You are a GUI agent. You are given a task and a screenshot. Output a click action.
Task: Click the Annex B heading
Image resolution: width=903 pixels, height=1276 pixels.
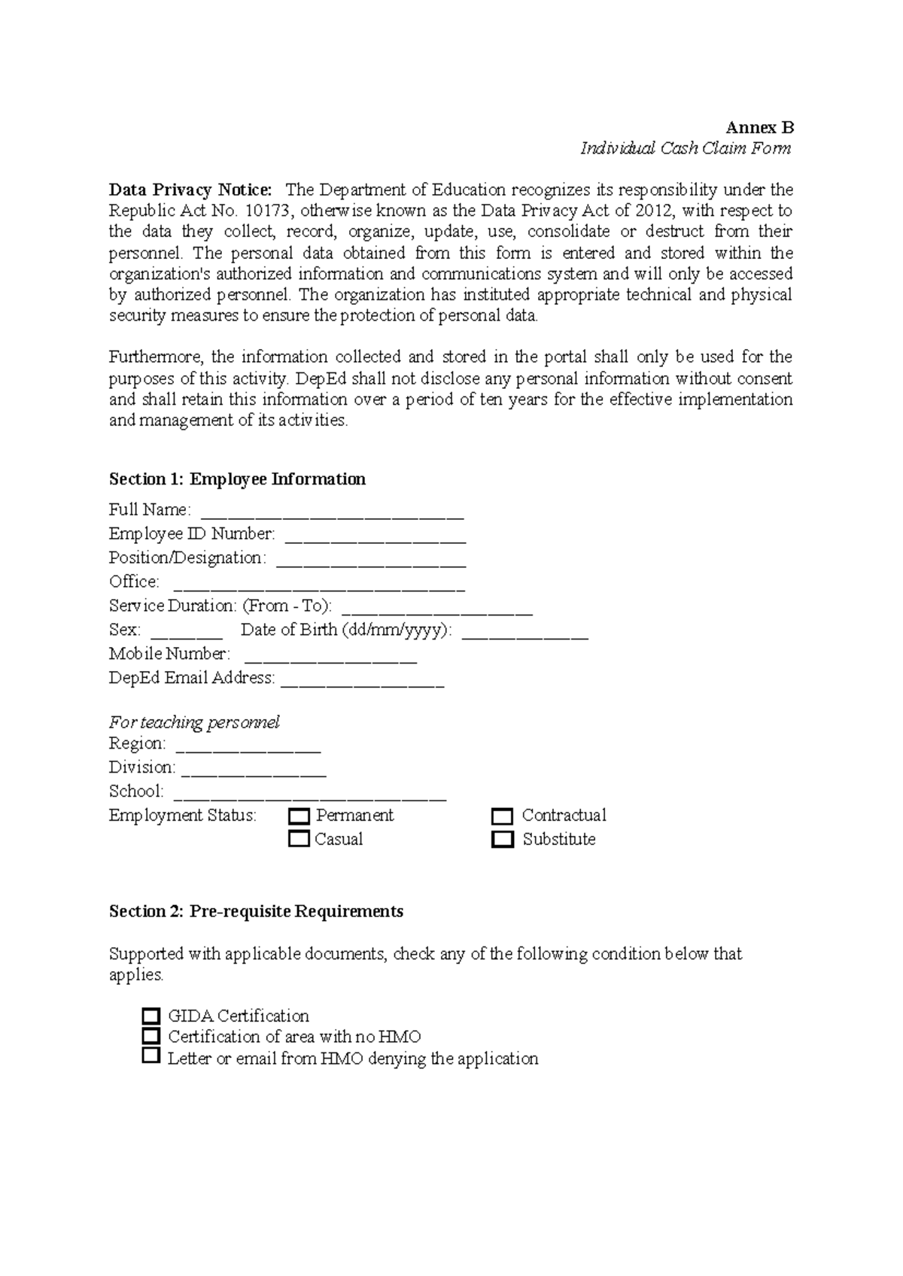click(x=759, y=127)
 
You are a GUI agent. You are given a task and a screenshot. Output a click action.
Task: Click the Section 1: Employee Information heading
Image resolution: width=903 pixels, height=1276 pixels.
click(x=237, y=479)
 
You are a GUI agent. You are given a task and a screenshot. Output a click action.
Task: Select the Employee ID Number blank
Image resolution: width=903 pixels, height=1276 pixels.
click(x=375, y=539)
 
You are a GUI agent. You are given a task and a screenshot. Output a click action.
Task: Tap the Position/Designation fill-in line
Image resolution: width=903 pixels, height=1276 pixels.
click(x=371, y=563)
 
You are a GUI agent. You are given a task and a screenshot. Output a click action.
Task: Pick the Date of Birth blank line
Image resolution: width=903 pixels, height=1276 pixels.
click(x=524, y=635)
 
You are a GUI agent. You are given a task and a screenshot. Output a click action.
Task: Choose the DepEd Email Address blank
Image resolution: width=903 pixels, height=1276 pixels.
click(x=362, y=683)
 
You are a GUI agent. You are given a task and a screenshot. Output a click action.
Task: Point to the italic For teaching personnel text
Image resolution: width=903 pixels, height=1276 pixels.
click(x=194, y=722)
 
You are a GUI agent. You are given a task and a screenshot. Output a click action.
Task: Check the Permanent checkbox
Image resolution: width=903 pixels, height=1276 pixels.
click(x=299, y=816)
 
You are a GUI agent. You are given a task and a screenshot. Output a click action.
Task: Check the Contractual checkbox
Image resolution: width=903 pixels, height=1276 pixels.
click(x=502, y=816)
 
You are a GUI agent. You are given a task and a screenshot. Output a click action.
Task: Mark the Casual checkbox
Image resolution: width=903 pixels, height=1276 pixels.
click(x=299, y=839)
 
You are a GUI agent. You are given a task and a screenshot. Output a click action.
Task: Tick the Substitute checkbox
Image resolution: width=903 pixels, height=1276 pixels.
click(x=502, y=839)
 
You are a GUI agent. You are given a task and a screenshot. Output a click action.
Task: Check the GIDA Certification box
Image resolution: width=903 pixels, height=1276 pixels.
click(x=151, y=1016)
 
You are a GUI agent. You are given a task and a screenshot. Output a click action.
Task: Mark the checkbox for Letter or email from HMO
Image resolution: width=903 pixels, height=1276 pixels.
click(x=151, y=1057)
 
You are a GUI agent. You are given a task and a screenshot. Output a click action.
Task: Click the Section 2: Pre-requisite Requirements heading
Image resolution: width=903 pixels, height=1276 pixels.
click(x=256, y=911)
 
